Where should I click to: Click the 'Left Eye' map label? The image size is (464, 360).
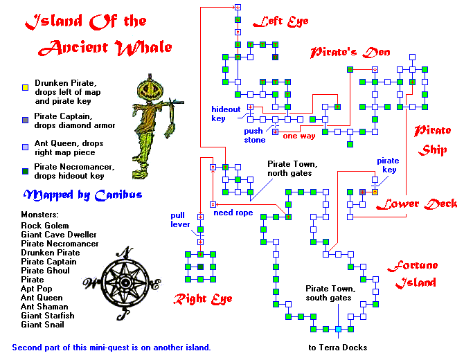(x=280, y=21)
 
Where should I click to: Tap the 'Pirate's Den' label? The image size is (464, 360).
(x=350, y=52)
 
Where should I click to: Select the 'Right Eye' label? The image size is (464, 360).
(x=202, y=299)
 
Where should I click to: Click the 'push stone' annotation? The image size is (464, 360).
(x=253, y=135)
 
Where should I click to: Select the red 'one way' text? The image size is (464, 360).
(x=299, y=136)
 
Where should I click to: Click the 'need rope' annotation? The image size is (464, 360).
(x=233, y=213)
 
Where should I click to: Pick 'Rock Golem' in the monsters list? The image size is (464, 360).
(x=45, y=226)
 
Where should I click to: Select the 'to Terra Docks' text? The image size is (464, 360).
(x=337, y=347)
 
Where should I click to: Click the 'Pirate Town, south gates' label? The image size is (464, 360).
(x=331, y=294)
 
